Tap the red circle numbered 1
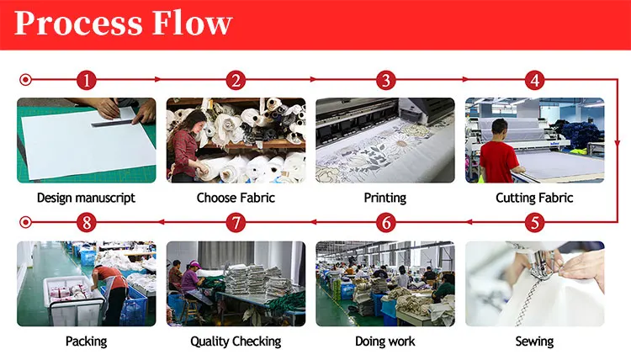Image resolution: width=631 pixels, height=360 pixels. [86, 81]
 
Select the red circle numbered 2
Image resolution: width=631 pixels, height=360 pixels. [236, 81]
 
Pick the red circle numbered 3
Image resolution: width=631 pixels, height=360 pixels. [385, 81]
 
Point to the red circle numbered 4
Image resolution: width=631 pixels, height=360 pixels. [534, 81]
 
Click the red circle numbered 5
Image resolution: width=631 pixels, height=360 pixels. [534, 224]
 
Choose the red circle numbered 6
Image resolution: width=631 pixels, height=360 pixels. [385, 224]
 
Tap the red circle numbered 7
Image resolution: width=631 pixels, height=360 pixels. [236, 224]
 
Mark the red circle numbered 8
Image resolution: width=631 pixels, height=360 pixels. [86, 224]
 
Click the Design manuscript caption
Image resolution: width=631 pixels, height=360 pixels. [86, 199]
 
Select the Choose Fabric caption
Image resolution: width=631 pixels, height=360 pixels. [236, 199]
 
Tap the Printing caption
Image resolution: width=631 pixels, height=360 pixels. [385, 199]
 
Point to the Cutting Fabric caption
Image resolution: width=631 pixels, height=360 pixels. [534, 199]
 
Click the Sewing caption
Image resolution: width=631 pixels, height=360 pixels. [534, 341]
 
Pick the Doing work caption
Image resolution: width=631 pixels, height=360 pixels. [385, 341]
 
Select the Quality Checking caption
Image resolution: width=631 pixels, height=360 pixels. [236, 341]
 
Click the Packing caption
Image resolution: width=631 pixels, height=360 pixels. [86, 341]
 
